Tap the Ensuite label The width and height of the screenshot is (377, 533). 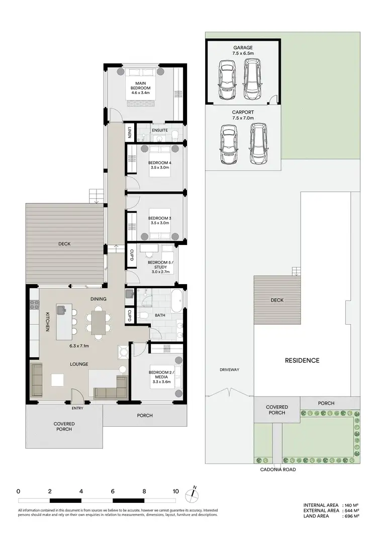tap(160, 130)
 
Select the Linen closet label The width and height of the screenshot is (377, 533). tap(129, 132)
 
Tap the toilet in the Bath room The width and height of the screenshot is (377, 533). tap(144, 315)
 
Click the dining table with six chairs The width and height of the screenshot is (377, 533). tap(98, 321)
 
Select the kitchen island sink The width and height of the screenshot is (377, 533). tap(62, 310)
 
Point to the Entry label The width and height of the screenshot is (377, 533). tap(78, 408)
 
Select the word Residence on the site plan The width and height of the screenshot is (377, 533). tap(302, 360)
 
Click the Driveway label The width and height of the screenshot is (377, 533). tap(229, 369)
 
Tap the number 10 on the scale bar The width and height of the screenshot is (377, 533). tap(175, 491)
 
